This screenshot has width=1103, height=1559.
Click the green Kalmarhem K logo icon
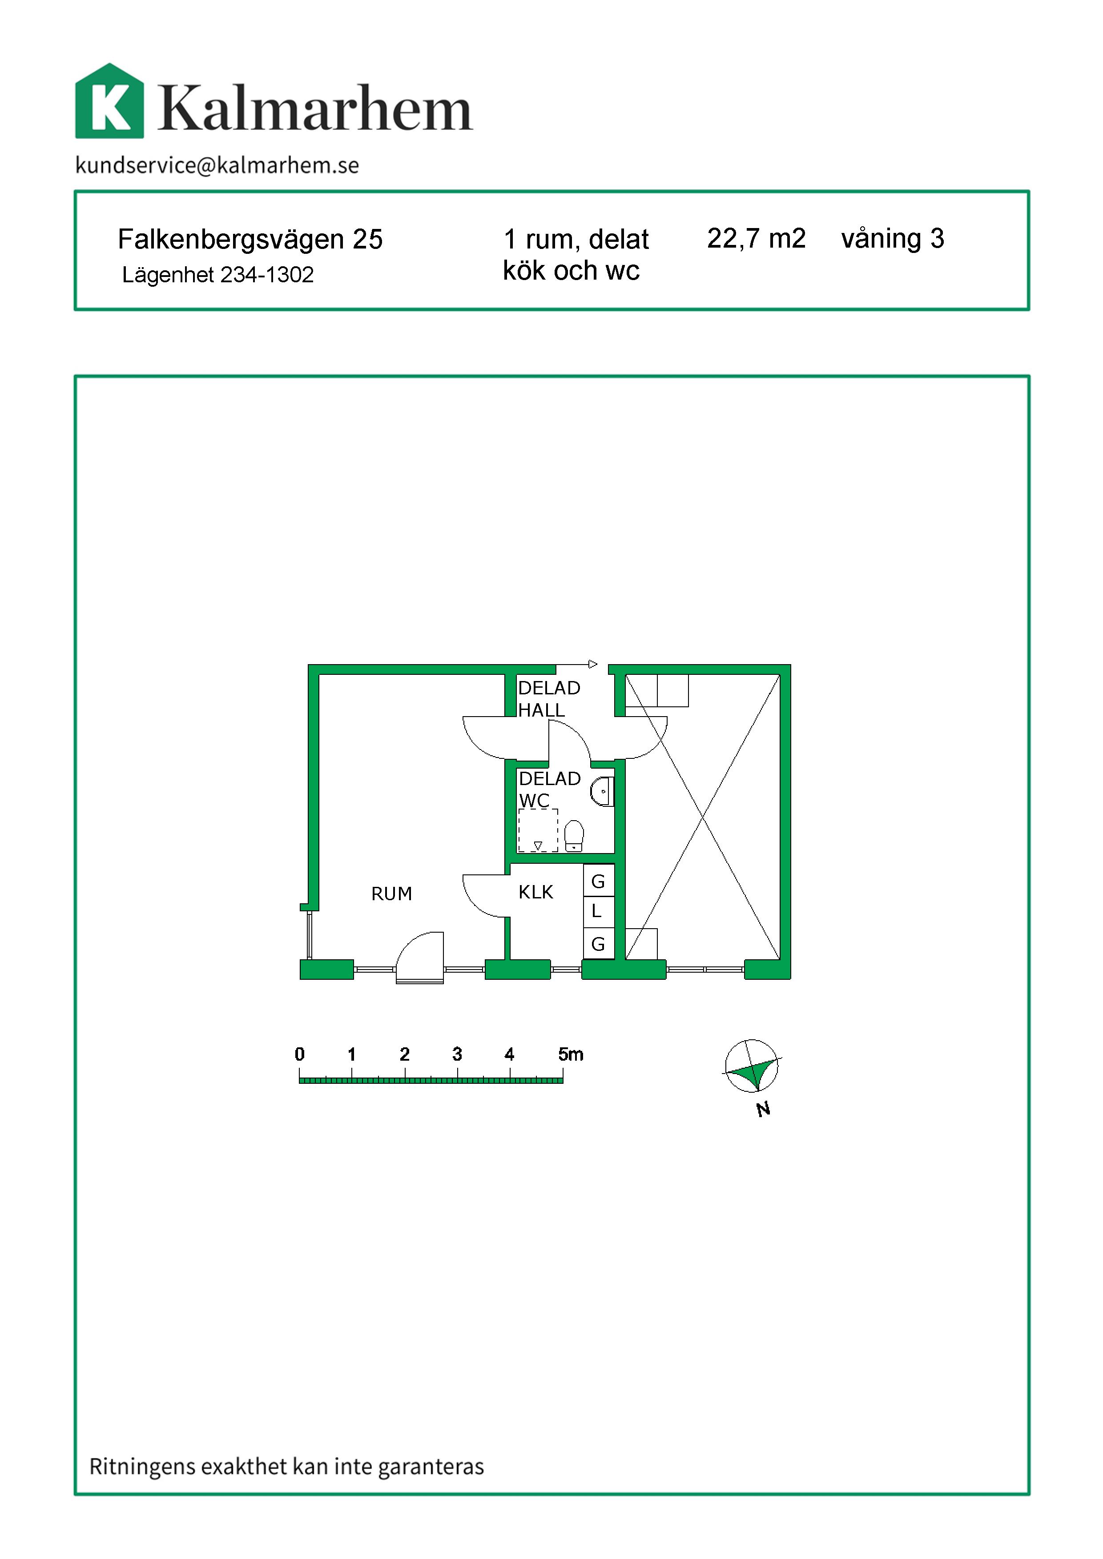(109, 101)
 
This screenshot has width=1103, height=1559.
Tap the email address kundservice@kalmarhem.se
(217, 165)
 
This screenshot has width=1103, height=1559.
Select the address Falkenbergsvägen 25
(250, 240)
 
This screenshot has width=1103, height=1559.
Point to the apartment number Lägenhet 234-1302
(218, 275)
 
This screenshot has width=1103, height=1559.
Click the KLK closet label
(536, 892)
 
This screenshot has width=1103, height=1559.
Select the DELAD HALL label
(549, 699)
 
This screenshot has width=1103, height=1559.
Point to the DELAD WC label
(549, 789)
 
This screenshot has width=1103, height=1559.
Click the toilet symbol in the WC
(574, 836)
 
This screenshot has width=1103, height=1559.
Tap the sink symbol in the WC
(602, 792)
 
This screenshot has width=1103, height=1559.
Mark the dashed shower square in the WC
(538, 830)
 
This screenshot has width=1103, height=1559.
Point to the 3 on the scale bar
(457, 1054)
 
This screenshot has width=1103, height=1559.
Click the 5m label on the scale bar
(571, 1054)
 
